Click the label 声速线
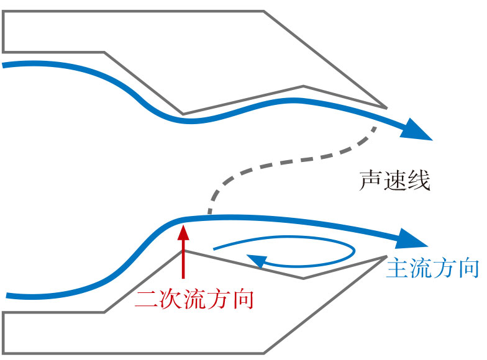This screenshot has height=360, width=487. [x=394, y=180]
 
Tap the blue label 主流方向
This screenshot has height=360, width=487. [x=432, y=268]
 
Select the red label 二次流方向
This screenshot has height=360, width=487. [x=194, y=300]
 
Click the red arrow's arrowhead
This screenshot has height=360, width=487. [x=183, y=233]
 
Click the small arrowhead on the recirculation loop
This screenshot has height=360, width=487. [x=255, y=261]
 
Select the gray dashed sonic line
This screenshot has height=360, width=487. [x=292, y=162]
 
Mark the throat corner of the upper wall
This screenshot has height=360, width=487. [x=183, y=114]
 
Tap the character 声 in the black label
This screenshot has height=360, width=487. [x=371, y=180]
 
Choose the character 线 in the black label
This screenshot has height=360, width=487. [x=419, y=180]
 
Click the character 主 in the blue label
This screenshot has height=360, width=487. [x=398, y=268]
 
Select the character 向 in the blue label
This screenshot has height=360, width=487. [x=468, y=268]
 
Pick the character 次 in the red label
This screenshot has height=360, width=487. [x=170, y=300]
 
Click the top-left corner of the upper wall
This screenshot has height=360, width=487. [x=4, y=12]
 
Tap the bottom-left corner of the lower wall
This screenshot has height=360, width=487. [x=4, y=353]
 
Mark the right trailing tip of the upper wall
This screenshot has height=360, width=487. [x=386, y=107]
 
